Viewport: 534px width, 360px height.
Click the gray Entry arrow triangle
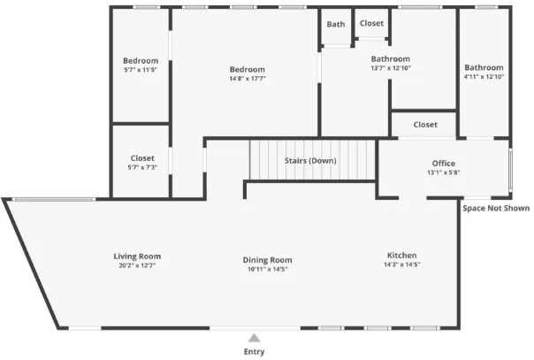coord(254,338)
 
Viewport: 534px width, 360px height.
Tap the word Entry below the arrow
coord(254,352)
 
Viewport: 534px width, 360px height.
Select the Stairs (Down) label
coord(310,160)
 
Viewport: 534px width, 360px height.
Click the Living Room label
coord(137,257)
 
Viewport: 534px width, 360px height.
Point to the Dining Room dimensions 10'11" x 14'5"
coord(267,269)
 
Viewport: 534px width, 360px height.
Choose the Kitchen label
coord(402,255)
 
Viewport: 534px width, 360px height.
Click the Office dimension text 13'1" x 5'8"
coord(444,172)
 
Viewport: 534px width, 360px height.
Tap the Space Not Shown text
coord(496,208)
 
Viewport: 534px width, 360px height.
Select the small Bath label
coord(336,24)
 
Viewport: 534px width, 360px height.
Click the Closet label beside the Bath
coord(371,23)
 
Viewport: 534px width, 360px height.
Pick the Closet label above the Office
coord(425,125)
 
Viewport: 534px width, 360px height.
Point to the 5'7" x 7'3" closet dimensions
coord(142,167)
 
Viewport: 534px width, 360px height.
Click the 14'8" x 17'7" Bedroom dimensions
coord(248,79)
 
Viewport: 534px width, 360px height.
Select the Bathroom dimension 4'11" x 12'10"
coord(484,77)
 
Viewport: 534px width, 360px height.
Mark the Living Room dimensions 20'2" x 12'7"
coord(137,265)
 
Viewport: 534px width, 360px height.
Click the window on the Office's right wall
coord(510,169)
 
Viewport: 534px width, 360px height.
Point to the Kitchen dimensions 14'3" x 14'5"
coord(402,264)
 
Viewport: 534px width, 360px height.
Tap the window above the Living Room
coord(54,199)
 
